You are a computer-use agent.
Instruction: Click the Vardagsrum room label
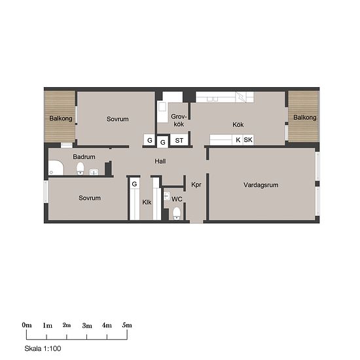(261, 185)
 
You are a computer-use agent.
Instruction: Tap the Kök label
(238, 124)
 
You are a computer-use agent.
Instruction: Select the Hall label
(160, 161)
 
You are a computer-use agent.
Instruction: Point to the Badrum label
(84, 157)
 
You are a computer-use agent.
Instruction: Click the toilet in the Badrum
(80, 168)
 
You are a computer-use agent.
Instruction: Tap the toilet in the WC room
(176, 213)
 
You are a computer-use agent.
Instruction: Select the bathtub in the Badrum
(56, 168)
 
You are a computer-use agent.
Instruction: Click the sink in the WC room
(167, 196)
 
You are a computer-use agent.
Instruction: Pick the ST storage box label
(179, 141)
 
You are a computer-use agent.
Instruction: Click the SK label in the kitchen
(248, 139)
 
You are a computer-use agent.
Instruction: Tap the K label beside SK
(238, 139)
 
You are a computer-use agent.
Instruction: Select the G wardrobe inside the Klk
(135, 184)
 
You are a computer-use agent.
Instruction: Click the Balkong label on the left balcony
(61, 118)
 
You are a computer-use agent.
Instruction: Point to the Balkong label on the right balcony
(305, 118)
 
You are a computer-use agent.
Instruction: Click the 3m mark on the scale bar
(87, 336)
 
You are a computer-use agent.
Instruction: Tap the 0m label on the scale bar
(27, 325)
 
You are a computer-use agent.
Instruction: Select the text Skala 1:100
(43, 348)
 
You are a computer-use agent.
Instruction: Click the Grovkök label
(179, 120)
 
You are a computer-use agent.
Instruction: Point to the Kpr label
(196, 185)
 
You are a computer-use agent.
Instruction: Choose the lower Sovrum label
(90, 198)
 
